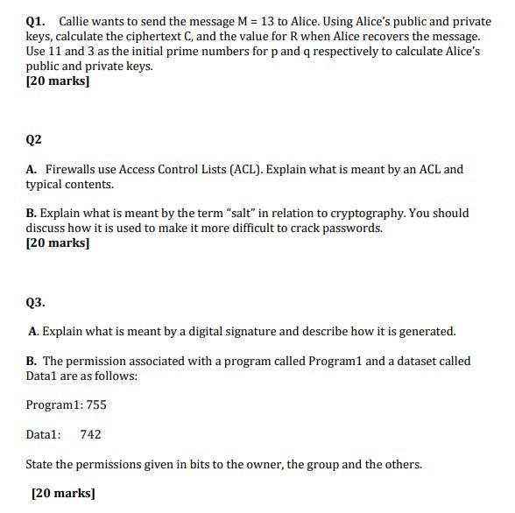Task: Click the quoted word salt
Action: pyautogui.click(x=266, y=213)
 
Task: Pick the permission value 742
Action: pyautogui.click(x=90, y=434)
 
